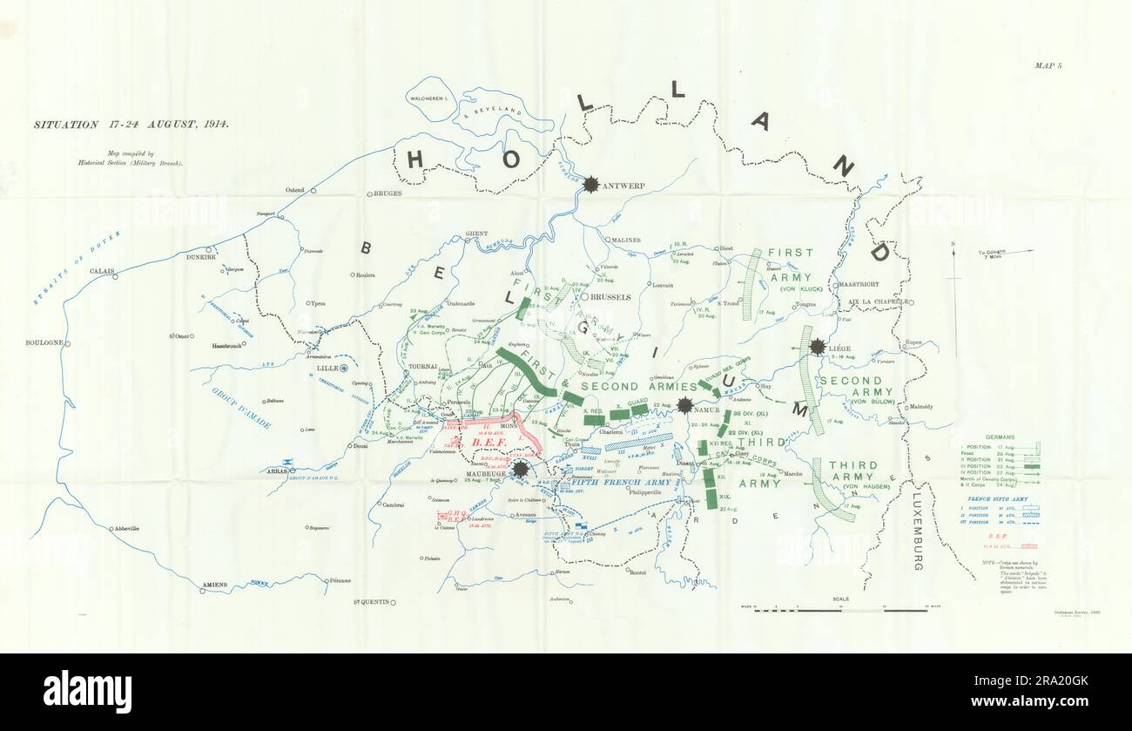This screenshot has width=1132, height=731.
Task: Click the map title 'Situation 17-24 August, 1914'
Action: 131,125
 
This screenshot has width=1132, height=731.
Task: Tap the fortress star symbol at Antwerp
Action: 591,184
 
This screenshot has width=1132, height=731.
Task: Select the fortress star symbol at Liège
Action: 817,347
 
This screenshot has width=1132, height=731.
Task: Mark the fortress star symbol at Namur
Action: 685,405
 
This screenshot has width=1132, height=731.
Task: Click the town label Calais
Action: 102,271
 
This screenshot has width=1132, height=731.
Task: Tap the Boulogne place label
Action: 44,342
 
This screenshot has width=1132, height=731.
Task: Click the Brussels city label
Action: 609,297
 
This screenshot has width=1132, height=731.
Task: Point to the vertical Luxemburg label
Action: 917,531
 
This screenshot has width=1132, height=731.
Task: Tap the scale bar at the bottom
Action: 840,610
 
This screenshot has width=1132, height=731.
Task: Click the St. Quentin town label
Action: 370,602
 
